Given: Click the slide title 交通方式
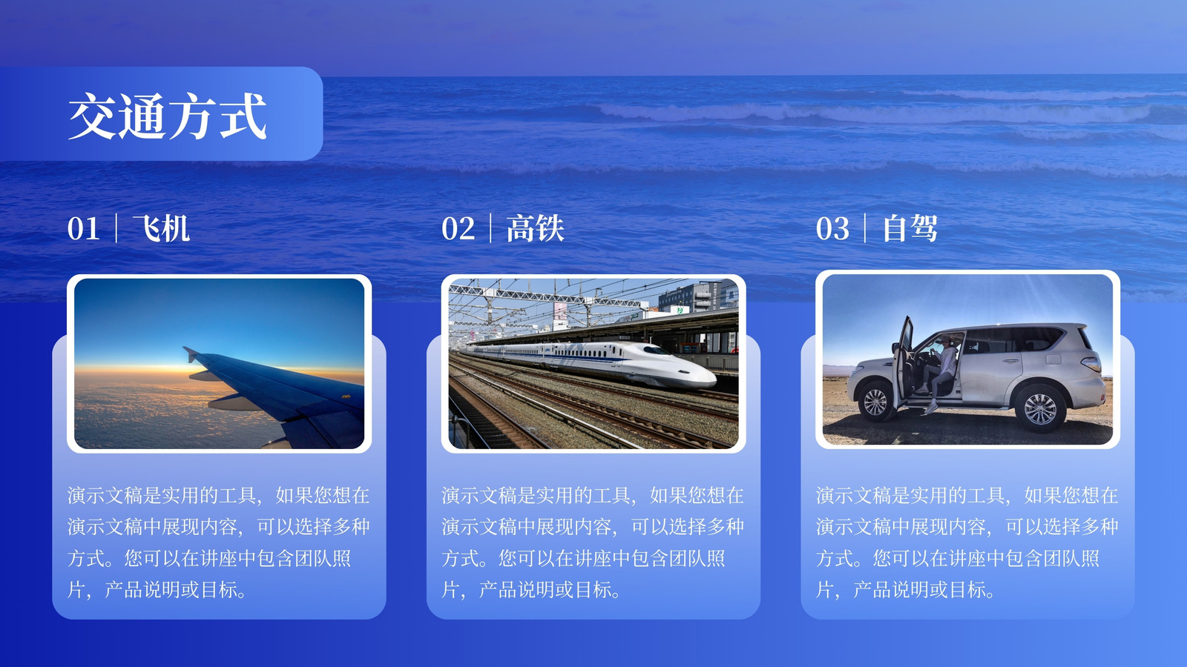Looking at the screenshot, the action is [x=168, y=116].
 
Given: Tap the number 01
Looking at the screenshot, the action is [x=83, y=229].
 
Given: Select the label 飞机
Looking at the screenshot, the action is [x=161, y=229].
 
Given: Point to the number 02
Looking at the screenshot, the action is [x=458, y=229].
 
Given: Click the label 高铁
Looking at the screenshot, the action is [x=535, y=229].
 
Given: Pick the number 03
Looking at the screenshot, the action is [x=832, y=229].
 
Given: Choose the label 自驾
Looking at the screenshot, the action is [x=910, y=229].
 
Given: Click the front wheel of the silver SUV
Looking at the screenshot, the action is [x=875, y=402].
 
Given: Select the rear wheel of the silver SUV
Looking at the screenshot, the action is [x=1039, y=408].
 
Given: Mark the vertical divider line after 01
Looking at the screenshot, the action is [x=116, y=228].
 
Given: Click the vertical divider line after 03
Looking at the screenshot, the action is [x=865, y=228].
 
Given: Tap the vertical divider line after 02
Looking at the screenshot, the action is [x=490, y=228].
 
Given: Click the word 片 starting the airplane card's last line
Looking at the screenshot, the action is [x=76, y=590].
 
